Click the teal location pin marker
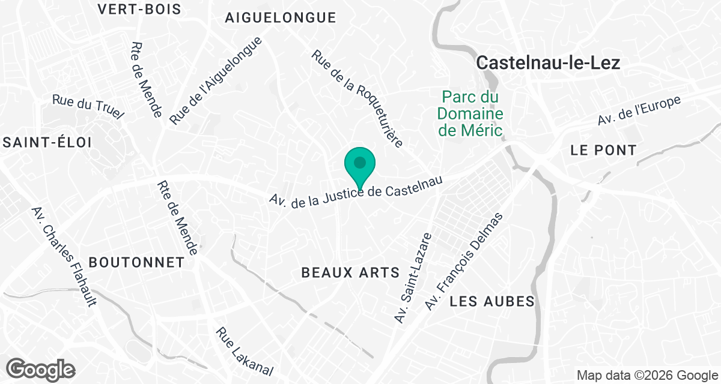pos(360,163)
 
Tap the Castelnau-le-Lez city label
pos(547,63)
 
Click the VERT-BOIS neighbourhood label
pos(139,9)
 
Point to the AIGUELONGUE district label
pos(280,18)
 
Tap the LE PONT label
pos(603,150)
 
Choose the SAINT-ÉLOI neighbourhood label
pos(46,142)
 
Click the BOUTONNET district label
pos(136,262)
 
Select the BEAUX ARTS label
pos(350,273)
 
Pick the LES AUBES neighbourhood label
pos(492,301)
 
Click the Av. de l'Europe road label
pos(639,110)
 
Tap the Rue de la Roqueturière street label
pos(357,99)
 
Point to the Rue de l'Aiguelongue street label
pos(216,81)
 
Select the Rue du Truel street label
pos(88,106)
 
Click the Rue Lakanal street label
pos(245,352)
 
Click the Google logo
pos(41,368)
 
